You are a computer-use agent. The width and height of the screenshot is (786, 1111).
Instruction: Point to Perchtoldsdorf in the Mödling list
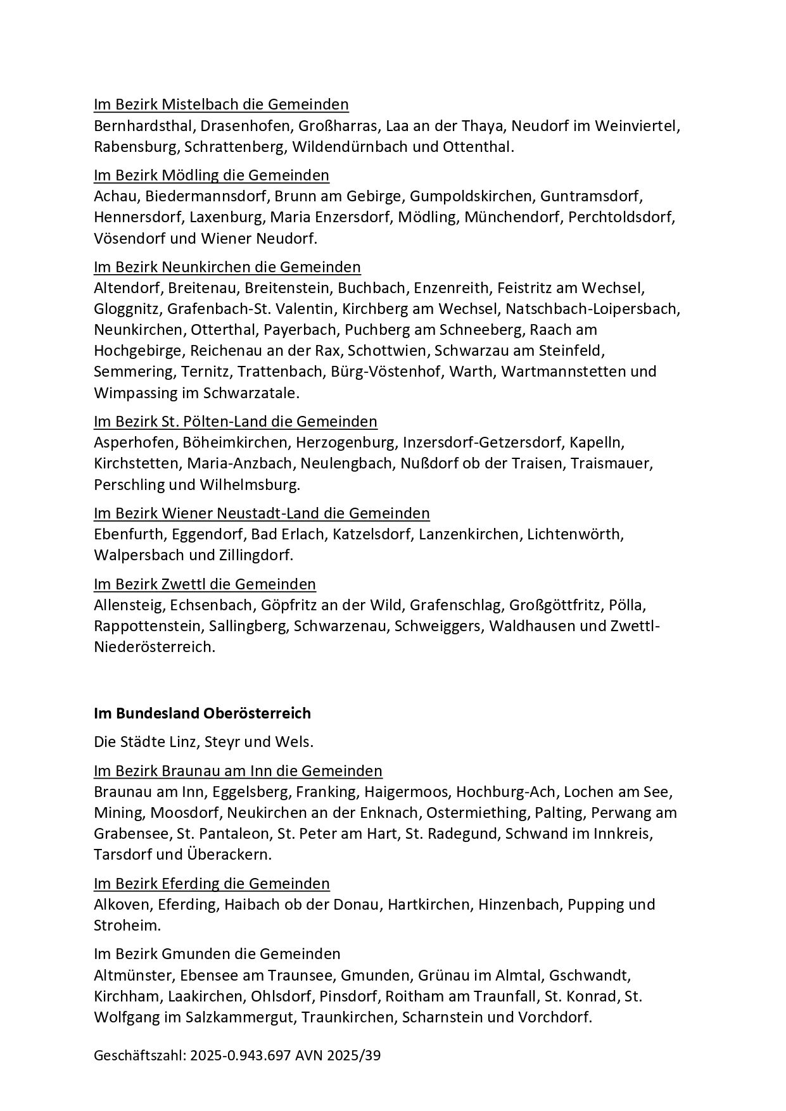tap(621, 217)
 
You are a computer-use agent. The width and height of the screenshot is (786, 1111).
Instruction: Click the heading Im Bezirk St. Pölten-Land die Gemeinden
tap(235, 421)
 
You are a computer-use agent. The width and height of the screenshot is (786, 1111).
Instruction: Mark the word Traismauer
tap(611, 463)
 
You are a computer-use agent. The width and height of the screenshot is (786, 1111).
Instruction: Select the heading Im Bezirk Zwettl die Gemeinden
tap(205, 584)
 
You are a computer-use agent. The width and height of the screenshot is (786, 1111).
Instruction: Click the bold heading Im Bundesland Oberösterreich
tap(202, 713)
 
